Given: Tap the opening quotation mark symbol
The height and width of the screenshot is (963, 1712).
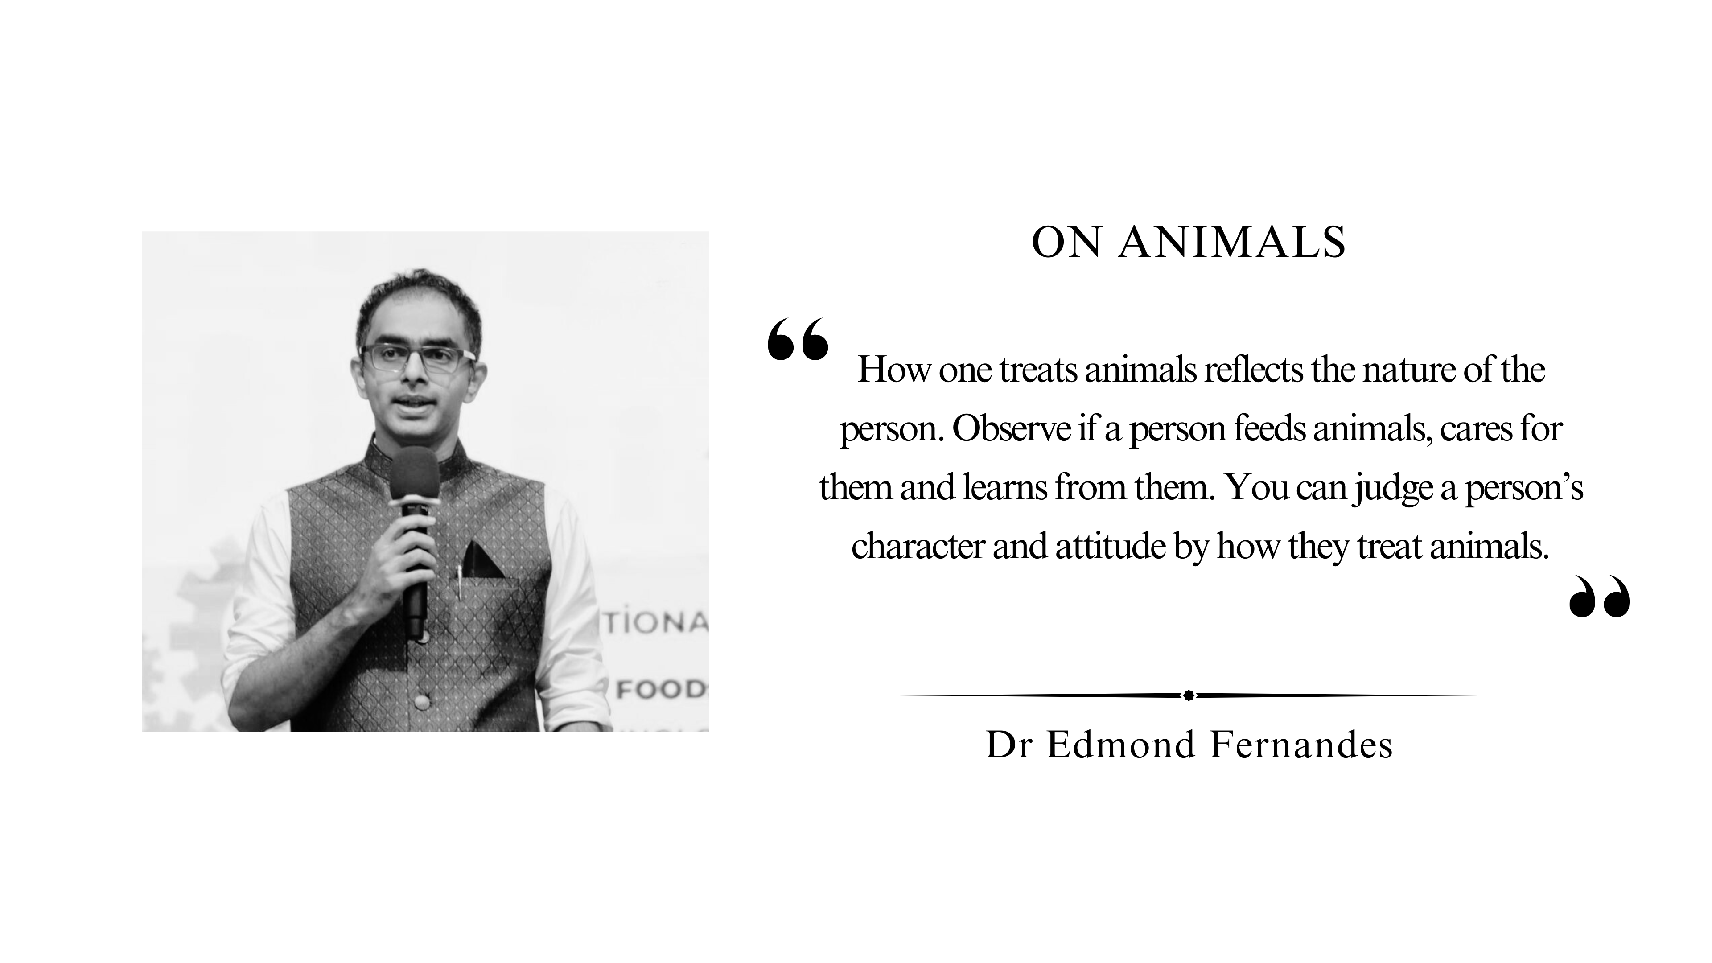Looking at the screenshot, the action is [798, 338].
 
